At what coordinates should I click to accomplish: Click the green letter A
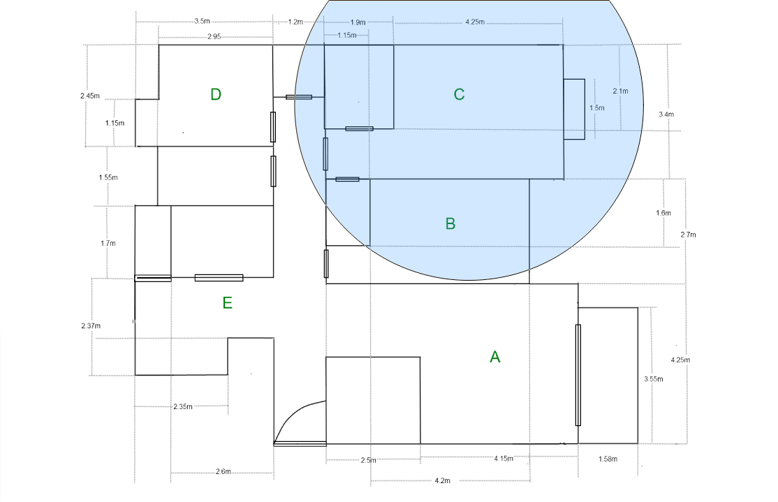click(x=494, y=357)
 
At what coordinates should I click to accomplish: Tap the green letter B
click(x=450, y=223)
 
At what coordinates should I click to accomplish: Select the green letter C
click(x=459, y=94)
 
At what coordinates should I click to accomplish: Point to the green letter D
click(x=215, y=94)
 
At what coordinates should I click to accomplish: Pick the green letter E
click(x=227, y=302)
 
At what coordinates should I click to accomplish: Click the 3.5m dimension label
click(x=202, y=22)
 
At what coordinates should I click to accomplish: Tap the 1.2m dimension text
click(x=295, y=22)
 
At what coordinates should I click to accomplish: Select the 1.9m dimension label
click(x=358, y=22)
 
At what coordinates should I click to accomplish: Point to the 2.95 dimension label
click(x=214, y=36)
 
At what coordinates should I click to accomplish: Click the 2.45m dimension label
click(x=90, y=96)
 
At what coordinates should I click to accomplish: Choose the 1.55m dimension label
click(x=108, y=177)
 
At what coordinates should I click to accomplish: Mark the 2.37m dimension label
click(x=91, y=325)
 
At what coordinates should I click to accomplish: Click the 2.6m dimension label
click(x=223, y=471)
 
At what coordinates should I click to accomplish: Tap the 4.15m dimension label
click(x=504, y=458)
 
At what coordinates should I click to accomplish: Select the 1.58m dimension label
click(x=608, y=459)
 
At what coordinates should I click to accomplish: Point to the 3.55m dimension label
click(x=654, y=379)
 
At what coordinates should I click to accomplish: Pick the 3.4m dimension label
click(x=666, y=114)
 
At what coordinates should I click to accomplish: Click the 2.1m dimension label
click(x=620, y=91)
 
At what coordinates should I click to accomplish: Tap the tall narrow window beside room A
click(x=578, y=375)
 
